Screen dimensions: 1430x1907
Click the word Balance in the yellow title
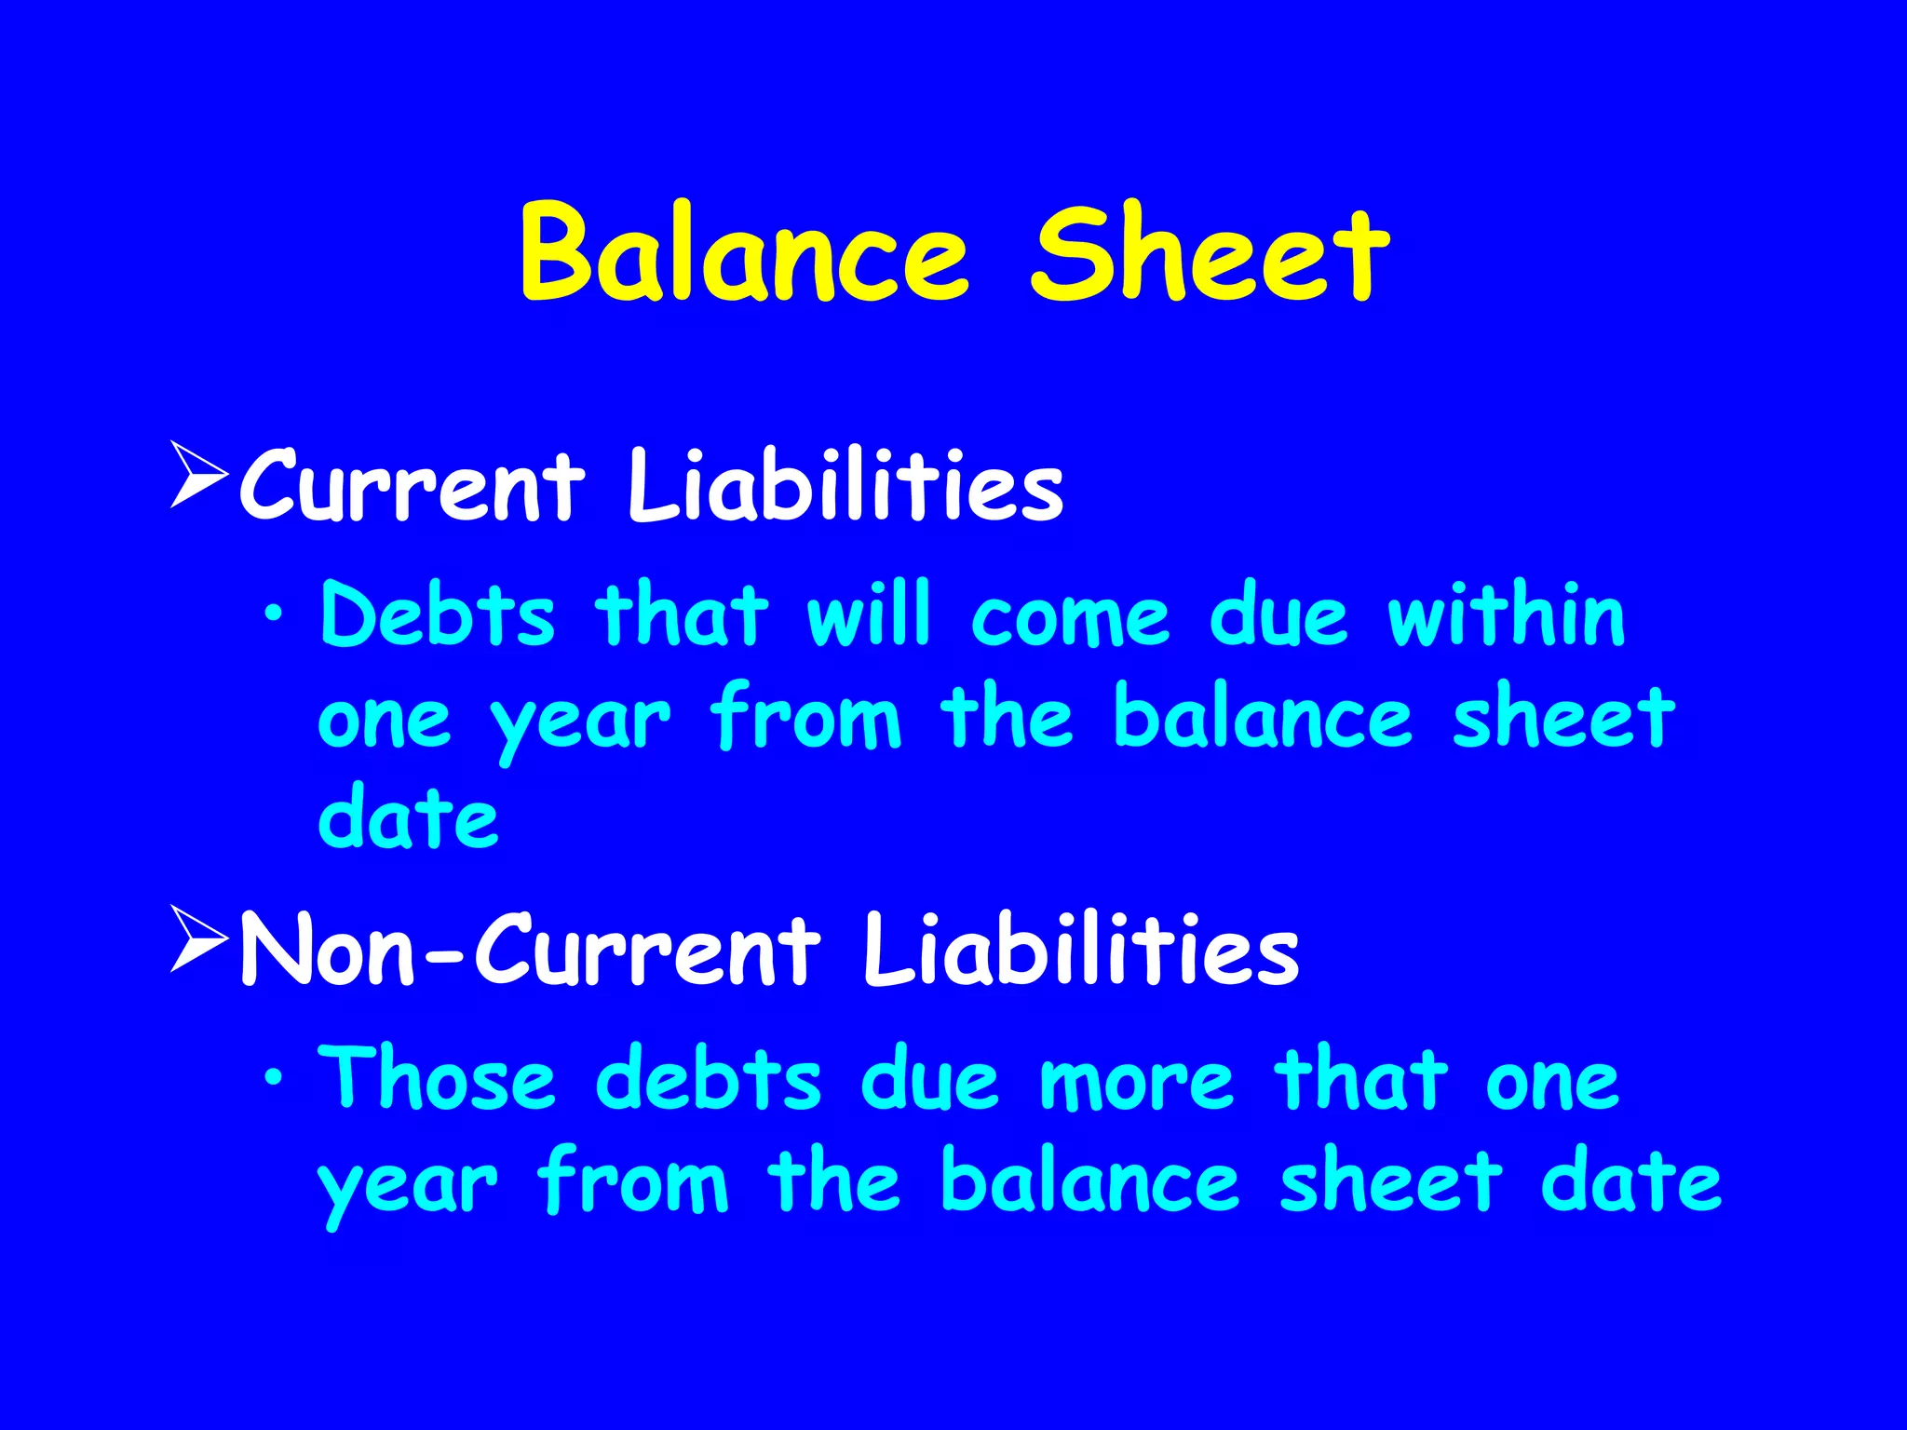(x=745, y=253)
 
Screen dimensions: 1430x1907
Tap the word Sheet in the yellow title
(x=1210, y=253)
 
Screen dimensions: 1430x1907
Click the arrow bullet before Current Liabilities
(x=199, y=475)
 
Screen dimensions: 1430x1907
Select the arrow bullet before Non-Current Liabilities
(x=199, y=940)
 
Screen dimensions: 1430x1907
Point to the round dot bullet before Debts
(x=273, y=614)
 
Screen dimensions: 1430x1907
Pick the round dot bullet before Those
(x=273, y=1077)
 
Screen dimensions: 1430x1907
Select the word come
(x=1070, y=617)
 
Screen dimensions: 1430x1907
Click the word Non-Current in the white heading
(x=531, y=950)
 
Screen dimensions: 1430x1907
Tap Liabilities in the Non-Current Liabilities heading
(x=1080, y=950)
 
